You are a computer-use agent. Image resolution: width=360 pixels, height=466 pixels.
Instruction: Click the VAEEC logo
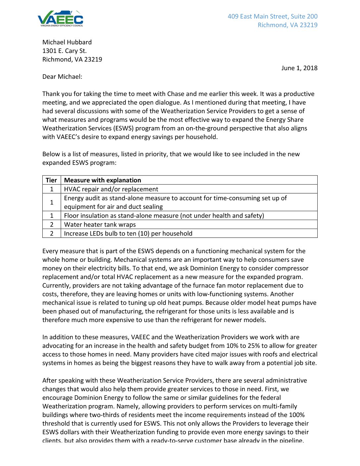(60, 19)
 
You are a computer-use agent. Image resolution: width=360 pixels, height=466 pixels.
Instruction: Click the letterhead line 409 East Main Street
(272, 16)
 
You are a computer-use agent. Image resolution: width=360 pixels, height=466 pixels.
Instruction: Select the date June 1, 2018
(299, 68)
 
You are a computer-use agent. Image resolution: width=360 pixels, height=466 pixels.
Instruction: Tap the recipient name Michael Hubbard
(67, 42)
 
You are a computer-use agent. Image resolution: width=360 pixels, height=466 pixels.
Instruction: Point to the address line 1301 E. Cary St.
(64, 51)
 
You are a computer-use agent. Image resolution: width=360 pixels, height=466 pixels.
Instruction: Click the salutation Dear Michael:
(62, 76)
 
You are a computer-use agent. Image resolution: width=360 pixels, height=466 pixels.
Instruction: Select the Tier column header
(51, 180)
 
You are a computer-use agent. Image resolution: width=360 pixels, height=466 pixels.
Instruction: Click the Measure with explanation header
(102, 180)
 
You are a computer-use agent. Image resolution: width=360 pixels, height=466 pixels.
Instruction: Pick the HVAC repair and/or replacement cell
(111, 189)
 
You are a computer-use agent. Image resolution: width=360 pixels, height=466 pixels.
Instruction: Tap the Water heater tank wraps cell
(100, 224)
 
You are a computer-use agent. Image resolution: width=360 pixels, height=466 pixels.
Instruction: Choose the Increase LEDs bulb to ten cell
(128, 233)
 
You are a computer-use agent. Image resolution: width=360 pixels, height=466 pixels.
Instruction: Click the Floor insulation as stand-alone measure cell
(164, 215)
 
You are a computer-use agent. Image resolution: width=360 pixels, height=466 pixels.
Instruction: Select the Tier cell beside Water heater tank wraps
(52, 224)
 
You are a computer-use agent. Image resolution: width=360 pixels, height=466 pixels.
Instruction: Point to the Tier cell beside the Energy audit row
(52, 202)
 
